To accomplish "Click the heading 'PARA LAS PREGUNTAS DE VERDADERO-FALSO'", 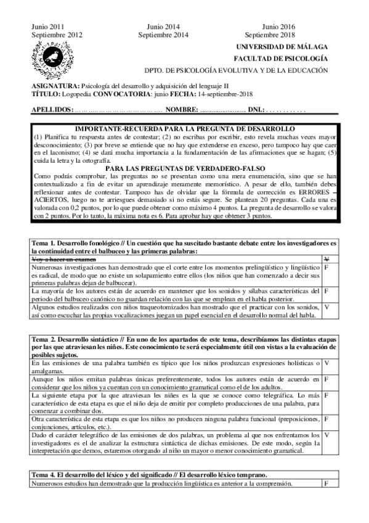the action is click(184, 168).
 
